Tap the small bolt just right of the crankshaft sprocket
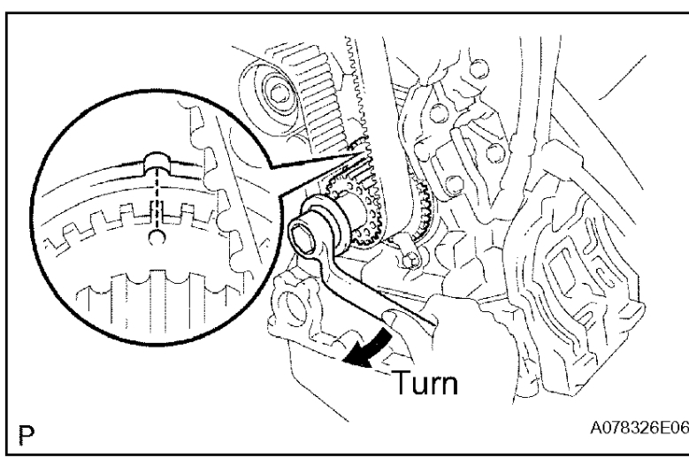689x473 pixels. tap(409, 259)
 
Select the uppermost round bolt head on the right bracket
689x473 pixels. tap(478, 68)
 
